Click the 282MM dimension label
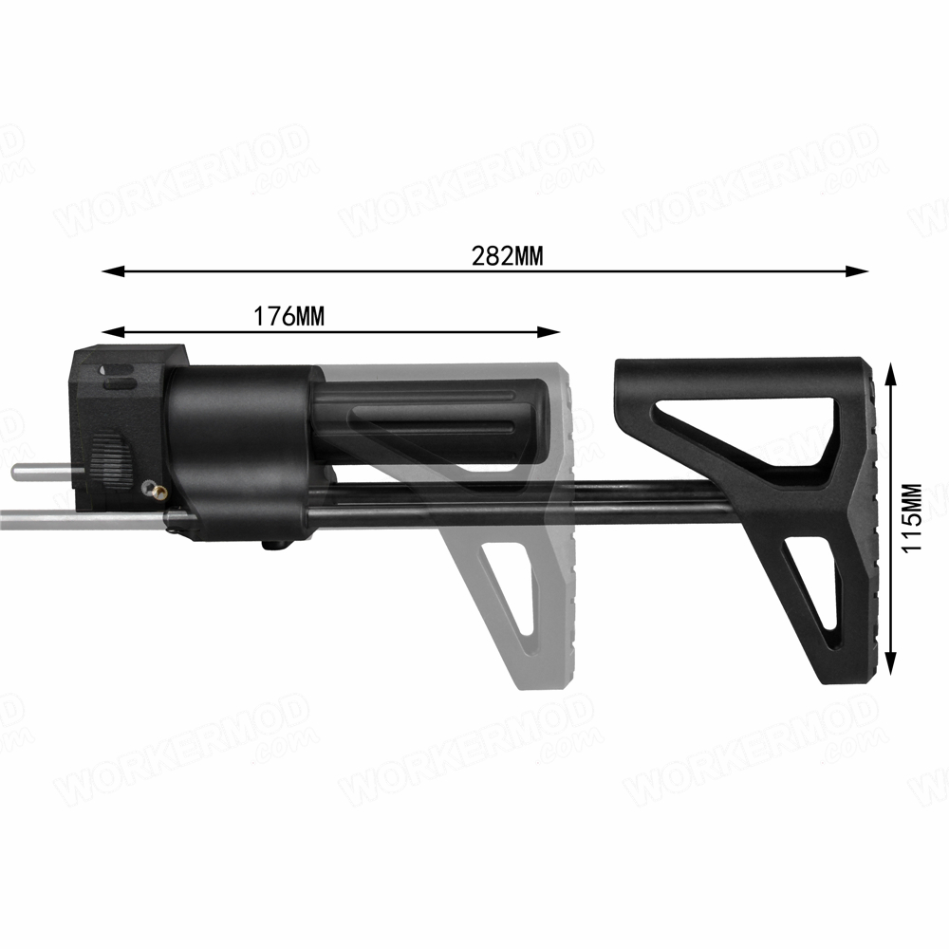click(507, 256)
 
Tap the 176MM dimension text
click(288, 317)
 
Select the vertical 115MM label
click(912, 519)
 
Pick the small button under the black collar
click(274, 544)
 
